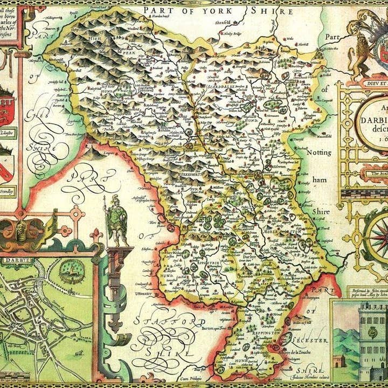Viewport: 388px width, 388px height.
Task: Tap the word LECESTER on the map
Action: tap(309, 341)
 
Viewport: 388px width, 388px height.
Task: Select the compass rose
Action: tap(377, 237)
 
